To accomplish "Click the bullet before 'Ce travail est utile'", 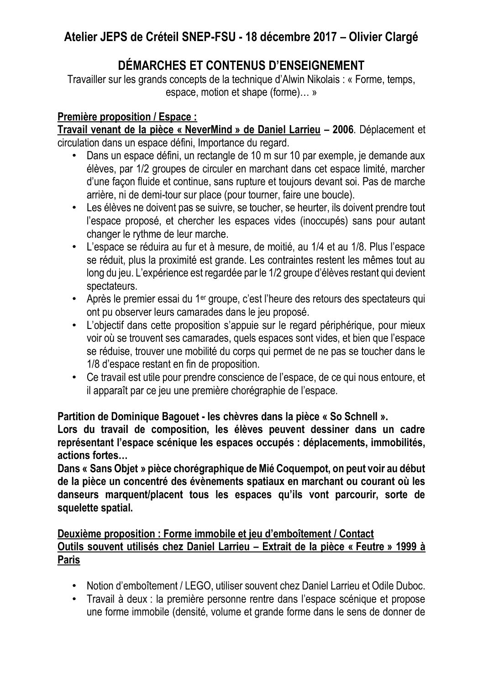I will click(x=75, y=378).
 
